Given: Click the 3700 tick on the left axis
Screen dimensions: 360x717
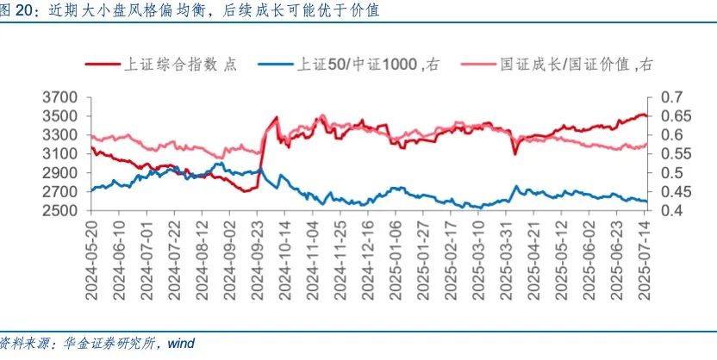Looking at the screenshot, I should (61, 97).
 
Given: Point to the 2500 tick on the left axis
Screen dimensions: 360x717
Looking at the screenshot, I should (61, 211).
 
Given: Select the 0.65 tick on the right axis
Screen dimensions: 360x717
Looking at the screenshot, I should (675, 116).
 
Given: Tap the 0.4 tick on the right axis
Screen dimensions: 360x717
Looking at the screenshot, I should (671, 211).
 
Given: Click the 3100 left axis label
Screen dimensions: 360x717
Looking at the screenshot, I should (61, 154).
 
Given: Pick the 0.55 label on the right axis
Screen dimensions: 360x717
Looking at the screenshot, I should (675, 154).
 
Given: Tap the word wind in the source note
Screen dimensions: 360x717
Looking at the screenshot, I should (181, 344).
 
